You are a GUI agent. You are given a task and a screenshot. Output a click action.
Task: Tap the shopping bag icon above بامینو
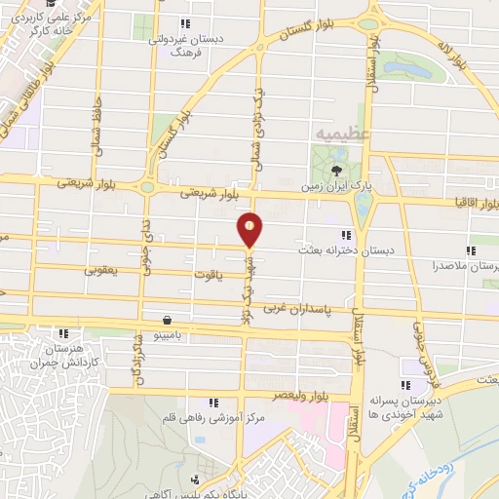tap(169, 319)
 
